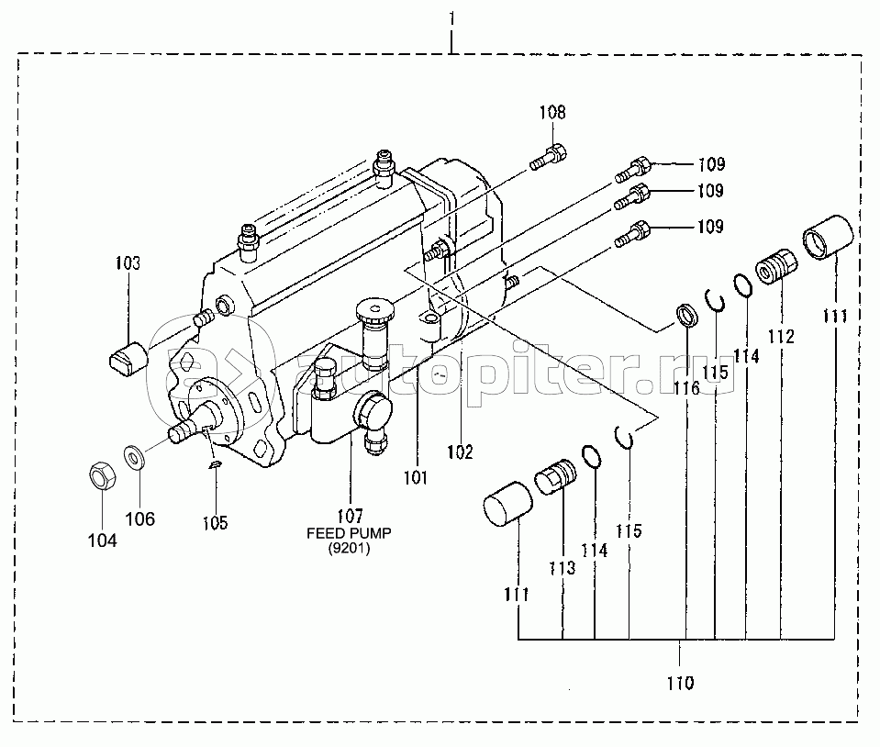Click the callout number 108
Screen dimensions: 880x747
[x=552, y=112]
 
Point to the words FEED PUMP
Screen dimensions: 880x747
[x=349, y=532]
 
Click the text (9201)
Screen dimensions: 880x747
[x=349, y=548]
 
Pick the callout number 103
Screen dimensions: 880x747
[x=128, y=262]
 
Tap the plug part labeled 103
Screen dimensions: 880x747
[x=128, y=359]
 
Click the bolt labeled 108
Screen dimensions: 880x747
[x=549, y=157]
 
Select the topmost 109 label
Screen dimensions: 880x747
[x=712, y=164]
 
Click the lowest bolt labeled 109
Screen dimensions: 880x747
[x=633, y=234]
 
